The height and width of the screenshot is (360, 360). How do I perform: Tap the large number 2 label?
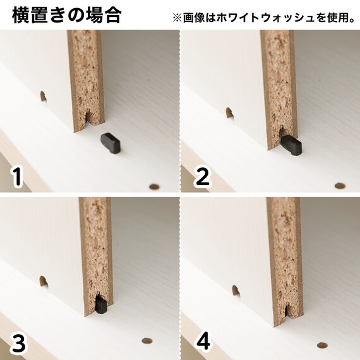pyautogui.click(x=202, y=176)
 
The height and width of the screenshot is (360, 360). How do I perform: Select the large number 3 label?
pyautogui.click(x=19, y=342)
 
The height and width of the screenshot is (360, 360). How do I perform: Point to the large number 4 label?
pyautogui.click(x=203, y=342)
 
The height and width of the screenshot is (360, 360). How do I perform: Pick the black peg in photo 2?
pyautogui.click(x=291, y=145)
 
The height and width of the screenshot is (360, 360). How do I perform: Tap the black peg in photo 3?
pyautogui.click(x=100, y=306)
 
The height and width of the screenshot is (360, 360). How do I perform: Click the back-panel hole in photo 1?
pyautogui.click(x=44, y=98)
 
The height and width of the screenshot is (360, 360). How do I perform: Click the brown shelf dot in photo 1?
pyautogui.click(x=153, y=186)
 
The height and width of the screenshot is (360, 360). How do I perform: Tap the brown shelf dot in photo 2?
pyautogui.click(x=339, y=186)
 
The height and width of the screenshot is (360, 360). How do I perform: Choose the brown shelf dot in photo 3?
pyautogui.click(x=147, y=341)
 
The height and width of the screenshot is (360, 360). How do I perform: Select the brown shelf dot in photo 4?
pyautogui.click(x=322, y=345)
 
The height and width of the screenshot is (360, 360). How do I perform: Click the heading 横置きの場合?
pyautogui.click(x=66, y=15)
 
